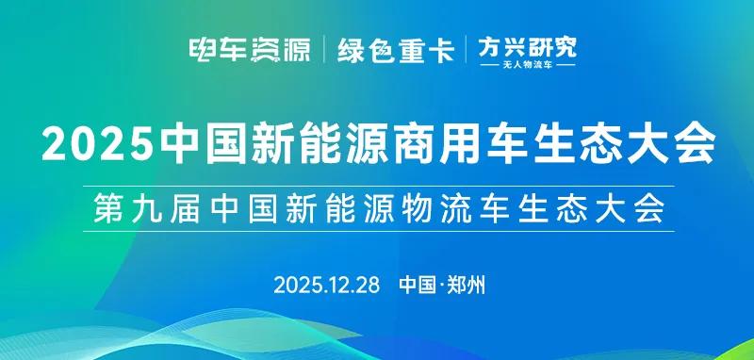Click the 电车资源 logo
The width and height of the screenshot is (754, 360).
tap(250, 50)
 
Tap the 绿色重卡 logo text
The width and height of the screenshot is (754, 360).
tap(397, 50)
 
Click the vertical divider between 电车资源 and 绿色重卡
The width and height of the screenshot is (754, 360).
tap(325, 50)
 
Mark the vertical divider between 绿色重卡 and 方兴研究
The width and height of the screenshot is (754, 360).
tap(467, 50)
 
